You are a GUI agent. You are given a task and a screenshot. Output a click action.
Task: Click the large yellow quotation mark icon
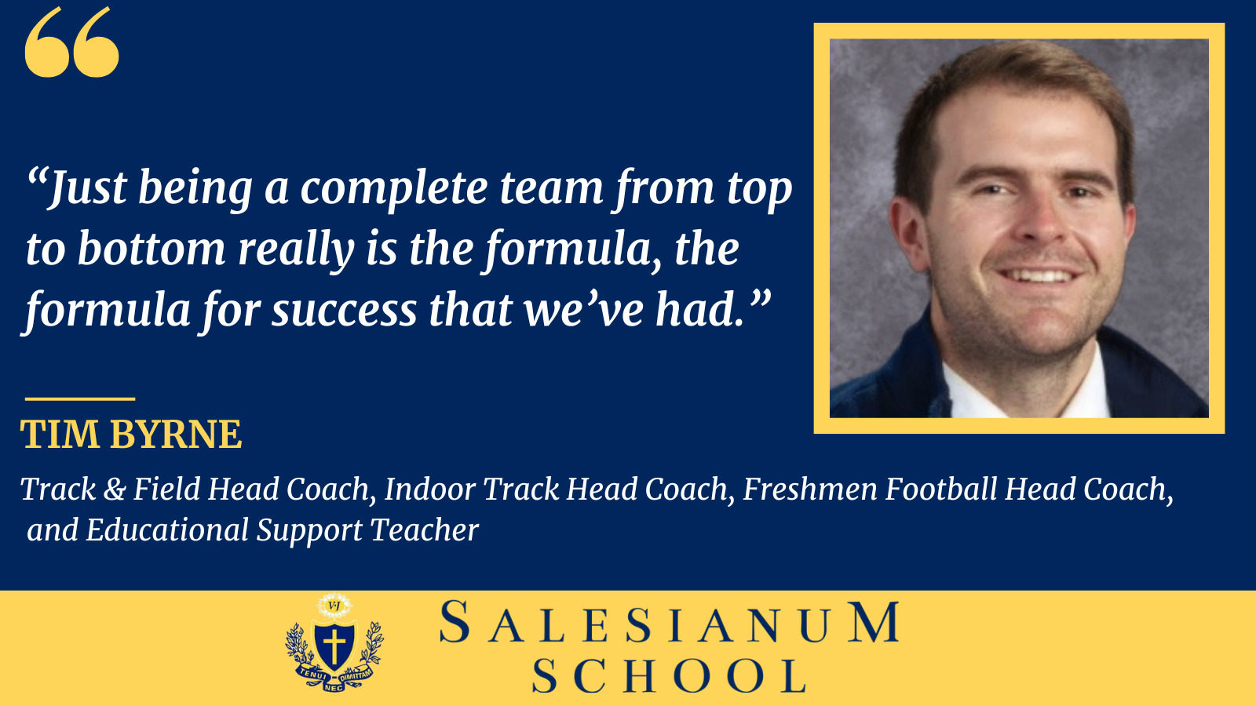[71, 43]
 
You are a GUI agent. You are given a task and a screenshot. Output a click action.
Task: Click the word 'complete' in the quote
[394, 189]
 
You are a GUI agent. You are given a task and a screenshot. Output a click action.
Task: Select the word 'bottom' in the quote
[151, 249]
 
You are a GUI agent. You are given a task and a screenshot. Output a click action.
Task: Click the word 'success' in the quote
[344, 311]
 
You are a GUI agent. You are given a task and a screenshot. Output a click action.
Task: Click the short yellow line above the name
[79, 398]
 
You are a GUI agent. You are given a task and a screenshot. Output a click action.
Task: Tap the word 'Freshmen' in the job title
[809, 489]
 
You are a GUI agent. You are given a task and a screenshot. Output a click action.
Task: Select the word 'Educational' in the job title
[167, 530]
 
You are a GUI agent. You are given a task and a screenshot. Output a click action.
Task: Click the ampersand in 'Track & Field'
[115, 489]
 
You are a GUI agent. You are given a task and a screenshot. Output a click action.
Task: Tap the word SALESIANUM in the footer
[669, 624]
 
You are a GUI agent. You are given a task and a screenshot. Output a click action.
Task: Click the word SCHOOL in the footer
[669, 676]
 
